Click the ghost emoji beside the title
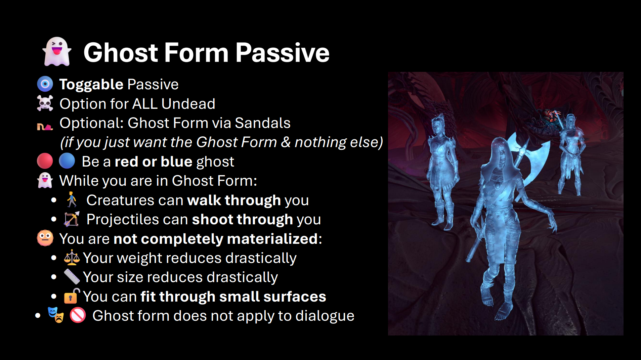57,52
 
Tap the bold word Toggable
91,84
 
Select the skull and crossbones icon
45,103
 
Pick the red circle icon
45,161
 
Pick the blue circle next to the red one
67,161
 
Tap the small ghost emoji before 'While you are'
45,180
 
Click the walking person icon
72,199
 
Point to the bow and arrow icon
72,219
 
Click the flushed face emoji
45,238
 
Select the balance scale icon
72,258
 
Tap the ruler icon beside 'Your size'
72,277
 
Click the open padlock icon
72,296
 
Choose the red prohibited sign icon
78,315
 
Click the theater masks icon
56,315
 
